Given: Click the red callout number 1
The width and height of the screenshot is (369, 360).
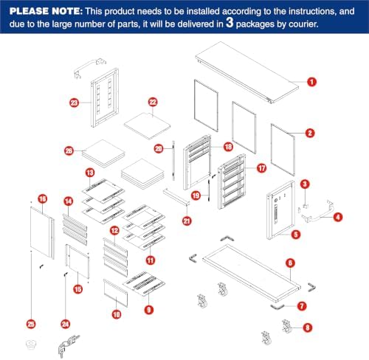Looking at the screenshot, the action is pyautogui.click(x=311, y=82).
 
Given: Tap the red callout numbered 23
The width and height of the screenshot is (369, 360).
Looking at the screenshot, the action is pyautogui.click(x=75, y=103).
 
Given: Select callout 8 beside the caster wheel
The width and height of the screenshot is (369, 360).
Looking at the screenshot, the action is pyautogui.click(x=308, y=328).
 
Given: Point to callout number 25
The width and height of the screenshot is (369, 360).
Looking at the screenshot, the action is pyautogui.click(x=31, y=324).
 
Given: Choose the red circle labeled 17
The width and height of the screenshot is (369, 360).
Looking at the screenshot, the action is pyautogui.click(x=261, y=168).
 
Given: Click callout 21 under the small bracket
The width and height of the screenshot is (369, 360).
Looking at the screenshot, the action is pyautogui.click(x=187, y=221).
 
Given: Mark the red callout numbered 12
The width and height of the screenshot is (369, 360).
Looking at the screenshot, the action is pyautogui.click(x=114, y=231).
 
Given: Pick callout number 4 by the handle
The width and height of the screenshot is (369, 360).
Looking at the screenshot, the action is pyautogui.click(x=338, y=217).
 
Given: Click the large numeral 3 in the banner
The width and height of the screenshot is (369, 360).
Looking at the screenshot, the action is pyautogui.click(x=230, y=22).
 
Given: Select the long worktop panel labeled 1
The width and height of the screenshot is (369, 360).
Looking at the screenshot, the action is pyautogui.click(x=247, y=72).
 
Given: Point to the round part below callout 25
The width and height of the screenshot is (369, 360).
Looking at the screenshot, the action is pyautogui.click(x=31, y=344).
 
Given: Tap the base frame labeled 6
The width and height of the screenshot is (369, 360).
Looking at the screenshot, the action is pyautogui.click(x=251, y=272).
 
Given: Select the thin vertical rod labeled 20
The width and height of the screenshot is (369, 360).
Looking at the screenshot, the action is pyautogui.click(x=173, y=161).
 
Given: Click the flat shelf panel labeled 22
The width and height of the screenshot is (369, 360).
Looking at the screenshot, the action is pyautogui.click(x=147, y=126).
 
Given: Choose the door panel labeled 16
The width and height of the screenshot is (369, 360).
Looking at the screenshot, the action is pyautogui.click(x=42, y=232).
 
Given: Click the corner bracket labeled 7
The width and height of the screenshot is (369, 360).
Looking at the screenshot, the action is pyautogui.click(x=277, y=307).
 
